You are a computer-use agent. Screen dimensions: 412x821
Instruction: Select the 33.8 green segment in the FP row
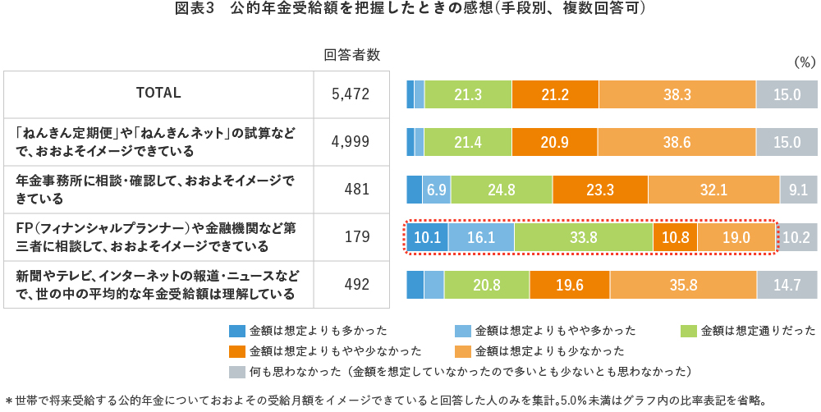(x=583, y=237)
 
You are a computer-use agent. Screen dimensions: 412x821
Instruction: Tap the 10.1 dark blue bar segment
(x=427, y=237)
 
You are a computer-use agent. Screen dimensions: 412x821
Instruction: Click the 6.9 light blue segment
(x=437, y=190)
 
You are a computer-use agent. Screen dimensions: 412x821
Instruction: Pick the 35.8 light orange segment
(x=682, y=285)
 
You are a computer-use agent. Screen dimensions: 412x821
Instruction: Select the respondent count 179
(x=357, y=237)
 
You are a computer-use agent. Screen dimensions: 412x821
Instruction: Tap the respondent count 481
(x=357, y=190)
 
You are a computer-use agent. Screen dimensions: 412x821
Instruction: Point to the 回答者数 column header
(x=352, y=55)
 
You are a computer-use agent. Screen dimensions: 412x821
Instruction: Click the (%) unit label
(x=803, y=62)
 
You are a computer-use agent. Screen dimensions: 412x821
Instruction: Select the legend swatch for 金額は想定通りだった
(x=689, y=331)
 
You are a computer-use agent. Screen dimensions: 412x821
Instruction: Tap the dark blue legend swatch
(x=237, y=331)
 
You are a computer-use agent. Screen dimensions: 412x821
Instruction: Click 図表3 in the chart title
(x=195, y=10)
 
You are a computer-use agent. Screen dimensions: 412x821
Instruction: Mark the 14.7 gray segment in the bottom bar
(x=787, y=285)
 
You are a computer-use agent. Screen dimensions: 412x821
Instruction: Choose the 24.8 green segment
(x=501, y=190)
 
